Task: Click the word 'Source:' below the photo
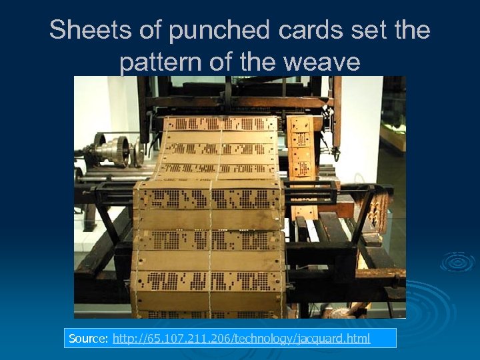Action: click(x=89, y=339)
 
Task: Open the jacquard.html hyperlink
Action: click(x=241, y=339)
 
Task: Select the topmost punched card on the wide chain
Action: click(x=220, y=124)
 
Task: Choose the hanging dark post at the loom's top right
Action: click(x=337, y=113)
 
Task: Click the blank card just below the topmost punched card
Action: click(x=220, y=138)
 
